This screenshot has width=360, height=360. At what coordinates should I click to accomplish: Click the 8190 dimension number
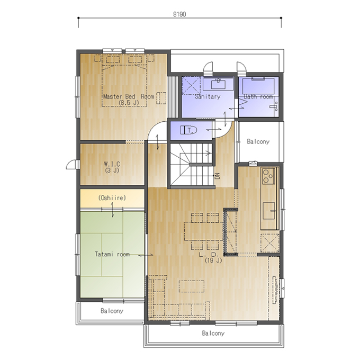(179, 14)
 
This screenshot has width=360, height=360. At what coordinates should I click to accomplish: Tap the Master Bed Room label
(129, 96)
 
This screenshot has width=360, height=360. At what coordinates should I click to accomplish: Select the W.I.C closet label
(112, 164)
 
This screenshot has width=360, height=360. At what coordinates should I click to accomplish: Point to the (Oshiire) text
(112, 197)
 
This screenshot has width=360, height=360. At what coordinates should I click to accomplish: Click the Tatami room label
(112, 254)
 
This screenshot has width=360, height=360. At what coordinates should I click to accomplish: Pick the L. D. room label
(208, 255)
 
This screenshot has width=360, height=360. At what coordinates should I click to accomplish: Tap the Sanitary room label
(208, 96)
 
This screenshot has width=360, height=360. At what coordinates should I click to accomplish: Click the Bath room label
(258, 97)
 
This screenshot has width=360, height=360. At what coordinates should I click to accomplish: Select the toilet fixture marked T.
(188, 130)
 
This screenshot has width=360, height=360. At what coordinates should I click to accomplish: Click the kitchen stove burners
(268, 176)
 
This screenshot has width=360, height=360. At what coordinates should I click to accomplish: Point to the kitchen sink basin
(269, 211)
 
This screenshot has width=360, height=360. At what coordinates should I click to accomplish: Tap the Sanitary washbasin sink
(218, 84)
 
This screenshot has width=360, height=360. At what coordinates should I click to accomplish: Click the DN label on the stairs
(217, 176)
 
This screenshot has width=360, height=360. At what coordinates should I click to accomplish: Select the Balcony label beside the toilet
(258, 142)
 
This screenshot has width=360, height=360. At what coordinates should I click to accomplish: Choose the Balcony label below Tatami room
(112, 311)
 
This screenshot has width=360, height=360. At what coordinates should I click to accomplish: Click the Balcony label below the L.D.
(213, 333)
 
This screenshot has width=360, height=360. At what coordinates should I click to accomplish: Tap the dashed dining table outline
(204, 231)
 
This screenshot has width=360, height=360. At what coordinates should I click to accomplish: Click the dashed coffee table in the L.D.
(192, 286)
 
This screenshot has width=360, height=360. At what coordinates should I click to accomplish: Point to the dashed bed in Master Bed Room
(124, 85)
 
